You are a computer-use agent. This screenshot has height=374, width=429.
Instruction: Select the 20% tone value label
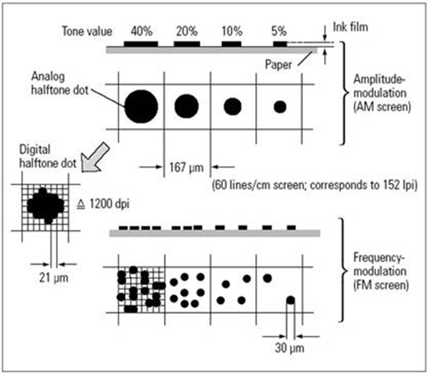[188, 30]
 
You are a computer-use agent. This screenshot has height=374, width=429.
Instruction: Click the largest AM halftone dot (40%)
[140, 105]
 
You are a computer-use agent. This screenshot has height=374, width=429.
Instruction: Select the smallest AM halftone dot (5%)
[280, 106]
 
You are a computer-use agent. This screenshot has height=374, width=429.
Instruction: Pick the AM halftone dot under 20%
[187, 105]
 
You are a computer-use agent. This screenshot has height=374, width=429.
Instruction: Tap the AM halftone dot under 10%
[232, 106]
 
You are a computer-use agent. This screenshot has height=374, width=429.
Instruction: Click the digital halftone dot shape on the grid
[45, 205]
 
